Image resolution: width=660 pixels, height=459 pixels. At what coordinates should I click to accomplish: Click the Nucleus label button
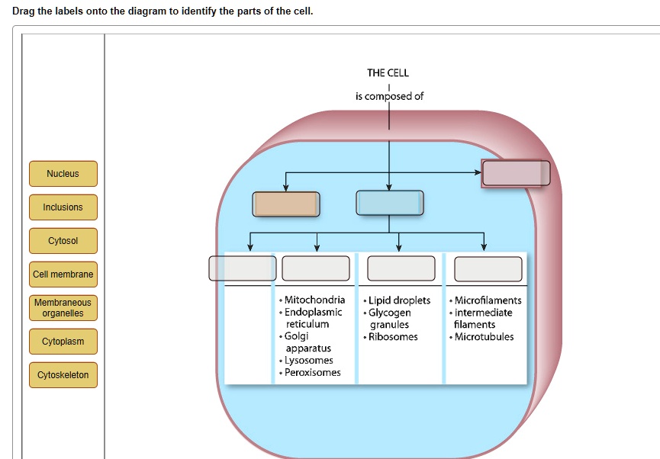63,174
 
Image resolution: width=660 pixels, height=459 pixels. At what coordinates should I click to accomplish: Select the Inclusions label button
63,207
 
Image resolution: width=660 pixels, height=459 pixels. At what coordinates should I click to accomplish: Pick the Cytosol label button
63,241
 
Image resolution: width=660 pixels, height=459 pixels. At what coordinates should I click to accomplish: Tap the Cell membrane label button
63,274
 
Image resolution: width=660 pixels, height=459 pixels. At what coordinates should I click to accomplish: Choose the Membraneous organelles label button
63,308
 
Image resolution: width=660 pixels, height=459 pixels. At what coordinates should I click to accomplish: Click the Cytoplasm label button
63,342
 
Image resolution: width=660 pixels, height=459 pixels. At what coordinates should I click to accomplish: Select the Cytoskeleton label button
63,375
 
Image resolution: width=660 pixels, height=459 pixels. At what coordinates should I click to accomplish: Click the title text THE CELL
388,73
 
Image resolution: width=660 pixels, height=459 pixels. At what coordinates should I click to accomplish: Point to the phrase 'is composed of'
389,96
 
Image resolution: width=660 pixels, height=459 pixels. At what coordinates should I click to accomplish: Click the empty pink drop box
516,173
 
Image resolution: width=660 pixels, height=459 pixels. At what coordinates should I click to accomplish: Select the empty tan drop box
286,204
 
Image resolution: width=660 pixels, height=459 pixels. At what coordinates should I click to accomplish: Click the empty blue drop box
389,204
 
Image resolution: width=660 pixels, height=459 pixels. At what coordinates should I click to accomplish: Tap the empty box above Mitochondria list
316,268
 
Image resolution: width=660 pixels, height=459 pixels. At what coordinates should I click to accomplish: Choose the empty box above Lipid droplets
401,268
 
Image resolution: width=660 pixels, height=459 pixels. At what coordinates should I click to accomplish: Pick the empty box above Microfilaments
488,268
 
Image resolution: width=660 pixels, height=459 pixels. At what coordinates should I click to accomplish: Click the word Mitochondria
314,300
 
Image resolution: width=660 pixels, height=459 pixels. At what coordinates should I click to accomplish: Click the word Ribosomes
393,337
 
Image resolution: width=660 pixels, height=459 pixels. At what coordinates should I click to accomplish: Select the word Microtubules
484,337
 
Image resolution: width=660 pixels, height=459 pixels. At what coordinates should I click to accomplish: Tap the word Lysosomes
309,361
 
